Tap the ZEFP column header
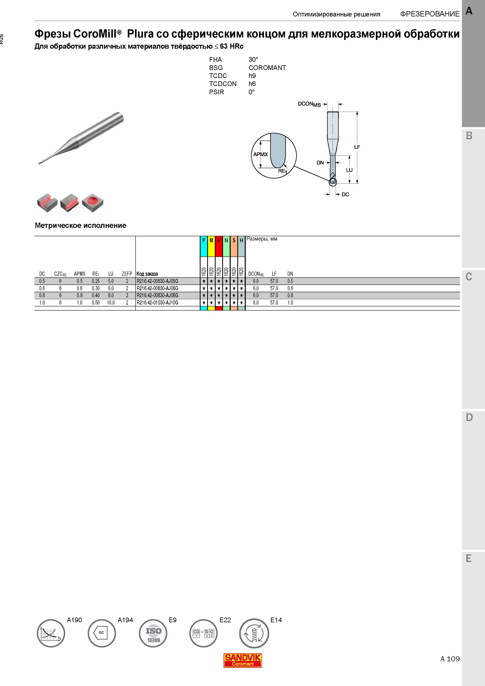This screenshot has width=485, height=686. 127,274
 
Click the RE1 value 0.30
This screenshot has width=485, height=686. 96,288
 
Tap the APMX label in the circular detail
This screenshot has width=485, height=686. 261,154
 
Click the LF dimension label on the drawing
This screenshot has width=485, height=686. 357,147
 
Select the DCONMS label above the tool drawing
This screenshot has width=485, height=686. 309,104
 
